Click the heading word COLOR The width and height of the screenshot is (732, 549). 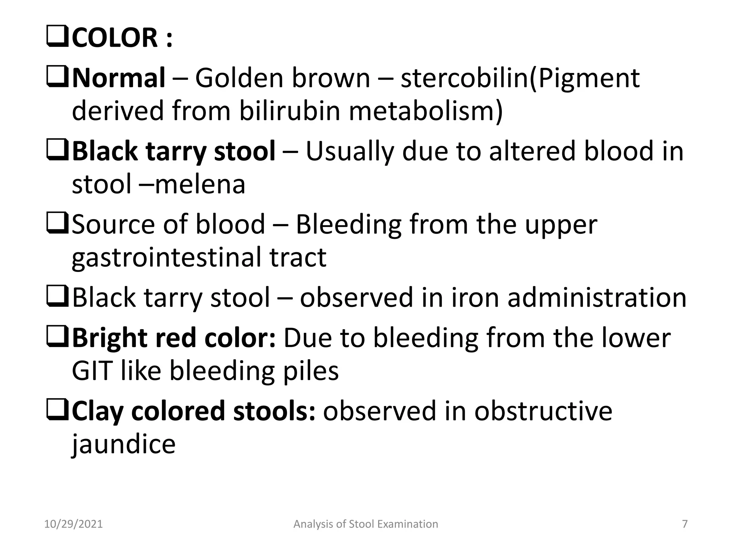pyautogui.click(x=114, y=38)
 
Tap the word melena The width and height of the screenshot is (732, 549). pyautogui.click(x=200, y=184)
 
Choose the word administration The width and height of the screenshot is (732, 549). pyautogui.click(x=597, y=297)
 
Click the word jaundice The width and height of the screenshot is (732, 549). pyautogui.click(x=124, y=444)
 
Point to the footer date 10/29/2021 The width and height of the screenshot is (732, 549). pyautogui.click(x=73, y=524)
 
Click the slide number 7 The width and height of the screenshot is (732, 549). pyautogui.click(x=685, y=524)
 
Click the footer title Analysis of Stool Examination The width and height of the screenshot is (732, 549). pyautogui.click(x=366, y=524)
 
